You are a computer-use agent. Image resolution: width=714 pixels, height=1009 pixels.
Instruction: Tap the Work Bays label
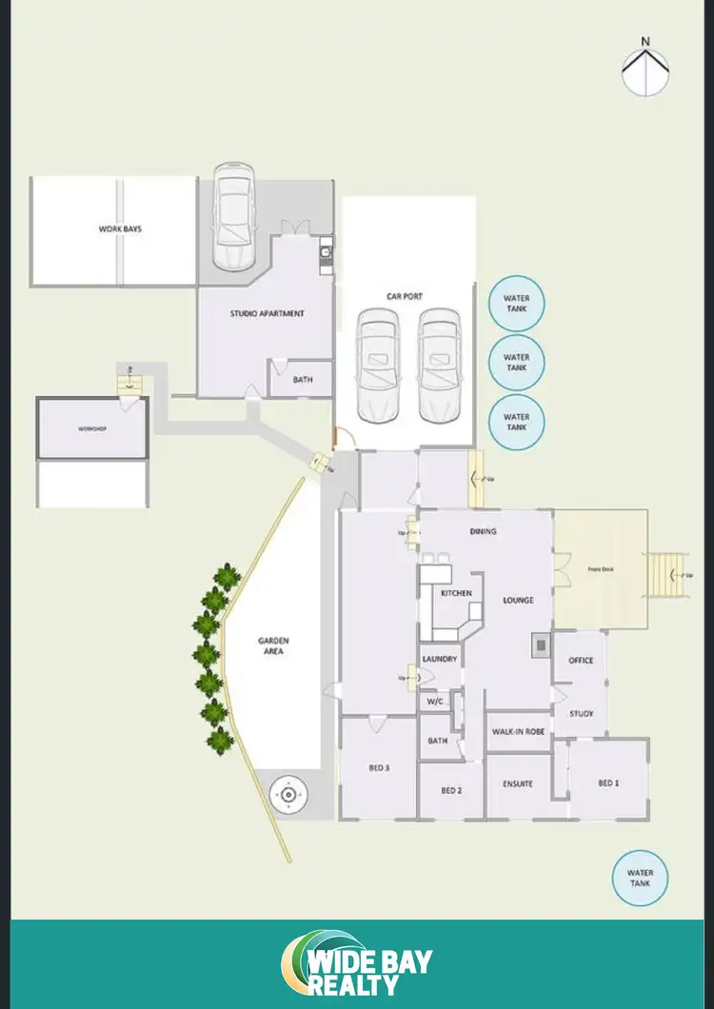pos(120,229)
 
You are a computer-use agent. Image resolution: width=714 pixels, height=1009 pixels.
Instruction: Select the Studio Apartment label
pos(267,313)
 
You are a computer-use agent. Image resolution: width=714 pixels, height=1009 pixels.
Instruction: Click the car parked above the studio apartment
pos(233,216)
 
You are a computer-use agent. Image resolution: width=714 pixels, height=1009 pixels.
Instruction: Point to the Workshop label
pos(92,429)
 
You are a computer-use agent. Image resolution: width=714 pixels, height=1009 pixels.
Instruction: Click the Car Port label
pos(404,296)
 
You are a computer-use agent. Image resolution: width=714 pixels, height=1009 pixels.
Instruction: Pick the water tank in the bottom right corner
pos(640,878)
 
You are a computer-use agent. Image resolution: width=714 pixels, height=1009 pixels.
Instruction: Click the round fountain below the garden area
pos(288,793)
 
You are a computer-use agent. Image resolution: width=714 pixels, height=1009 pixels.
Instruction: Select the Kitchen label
pos(456,593)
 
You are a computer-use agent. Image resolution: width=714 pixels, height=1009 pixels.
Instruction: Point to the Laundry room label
pos(439,659)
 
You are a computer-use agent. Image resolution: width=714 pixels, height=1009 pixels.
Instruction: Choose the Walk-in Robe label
pos(518,732)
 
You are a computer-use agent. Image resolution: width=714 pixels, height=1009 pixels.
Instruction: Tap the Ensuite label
pos(517,784)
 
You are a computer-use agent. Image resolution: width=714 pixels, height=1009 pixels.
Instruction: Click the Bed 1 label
pos(607,782)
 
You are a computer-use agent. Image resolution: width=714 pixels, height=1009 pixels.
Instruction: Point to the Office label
pos(581,660)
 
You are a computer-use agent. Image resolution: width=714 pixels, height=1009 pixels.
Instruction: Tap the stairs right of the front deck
pos(665,574)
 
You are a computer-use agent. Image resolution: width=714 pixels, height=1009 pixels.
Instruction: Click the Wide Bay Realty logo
pos(357,964)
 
